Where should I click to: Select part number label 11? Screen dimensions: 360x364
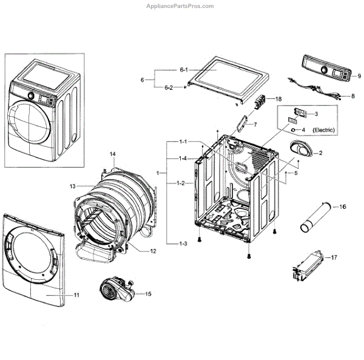tap(76, 295)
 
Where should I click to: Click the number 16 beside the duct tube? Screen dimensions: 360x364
tap(343, 207)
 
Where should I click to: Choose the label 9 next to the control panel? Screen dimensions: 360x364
tap(359, 76)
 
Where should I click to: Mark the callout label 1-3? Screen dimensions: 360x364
tap(183, 243)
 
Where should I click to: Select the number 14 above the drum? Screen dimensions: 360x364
tap(112, 155)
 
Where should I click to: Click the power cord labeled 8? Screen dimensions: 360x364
tap(322, 93)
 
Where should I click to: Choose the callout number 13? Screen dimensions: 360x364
tap(72, 186)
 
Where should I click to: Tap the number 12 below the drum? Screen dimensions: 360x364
tap(153, 251)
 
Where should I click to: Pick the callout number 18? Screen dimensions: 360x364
tap(278, 98)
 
